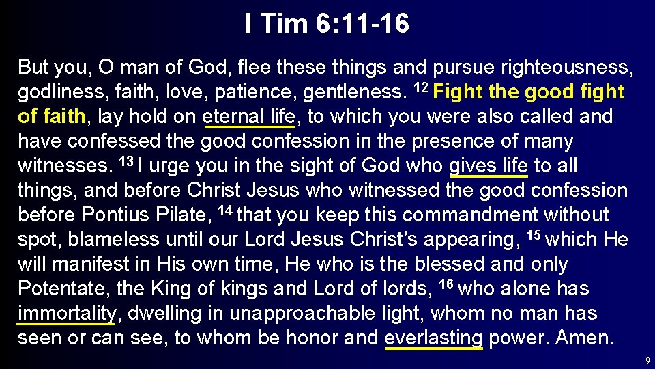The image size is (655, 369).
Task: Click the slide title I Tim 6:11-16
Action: (327, 25)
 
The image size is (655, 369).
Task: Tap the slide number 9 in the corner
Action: (646, 359)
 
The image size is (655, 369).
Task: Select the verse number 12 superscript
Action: (423, 88)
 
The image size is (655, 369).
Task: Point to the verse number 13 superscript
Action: (126, 162)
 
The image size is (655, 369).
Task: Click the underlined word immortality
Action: (67, 314)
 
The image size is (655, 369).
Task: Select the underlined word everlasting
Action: (434, 338)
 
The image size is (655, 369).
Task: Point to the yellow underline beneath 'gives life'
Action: (489, 176)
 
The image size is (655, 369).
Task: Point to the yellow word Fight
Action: (461, 92)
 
